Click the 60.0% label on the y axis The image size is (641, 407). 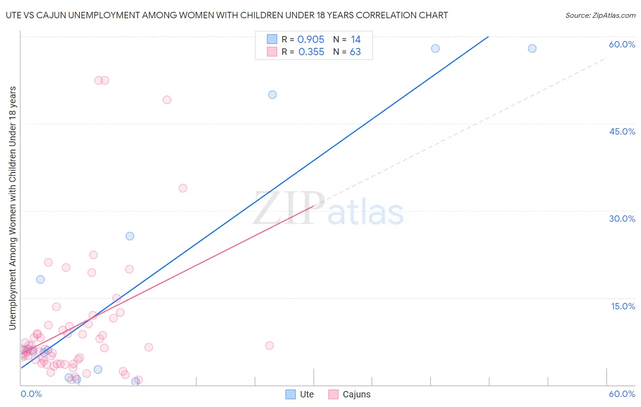tap(622, 44)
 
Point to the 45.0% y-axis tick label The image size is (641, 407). tap(622, 131)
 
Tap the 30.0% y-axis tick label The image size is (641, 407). tap(622, 219)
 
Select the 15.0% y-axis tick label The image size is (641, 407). tap(623, 306)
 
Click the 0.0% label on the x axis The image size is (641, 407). tap(31, 394)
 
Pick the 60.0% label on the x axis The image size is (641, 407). tap(622, 394)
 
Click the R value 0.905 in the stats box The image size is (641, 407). tap(311, 40)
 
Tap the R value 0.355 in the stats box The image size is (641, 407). tap(311, 52)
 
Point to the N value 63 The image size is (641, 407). tap(355, 52)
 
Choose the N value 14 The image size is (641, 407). tap(356, 40)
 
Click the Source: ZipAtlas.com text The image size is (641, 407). tap(600, 16)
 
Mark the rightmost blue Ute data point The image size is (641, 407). tap(532, 48)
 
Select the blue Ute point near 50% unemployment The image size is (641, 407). tap(272, 95)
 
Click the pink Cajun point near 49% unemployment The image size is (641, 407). tap(167, 100)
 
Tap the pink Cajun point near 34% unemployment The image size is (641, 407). tap(183, 188)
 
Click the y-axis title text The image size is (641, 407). tap(12, 208)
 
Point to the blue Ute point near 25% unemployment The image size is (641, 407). tap(130, 236)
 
